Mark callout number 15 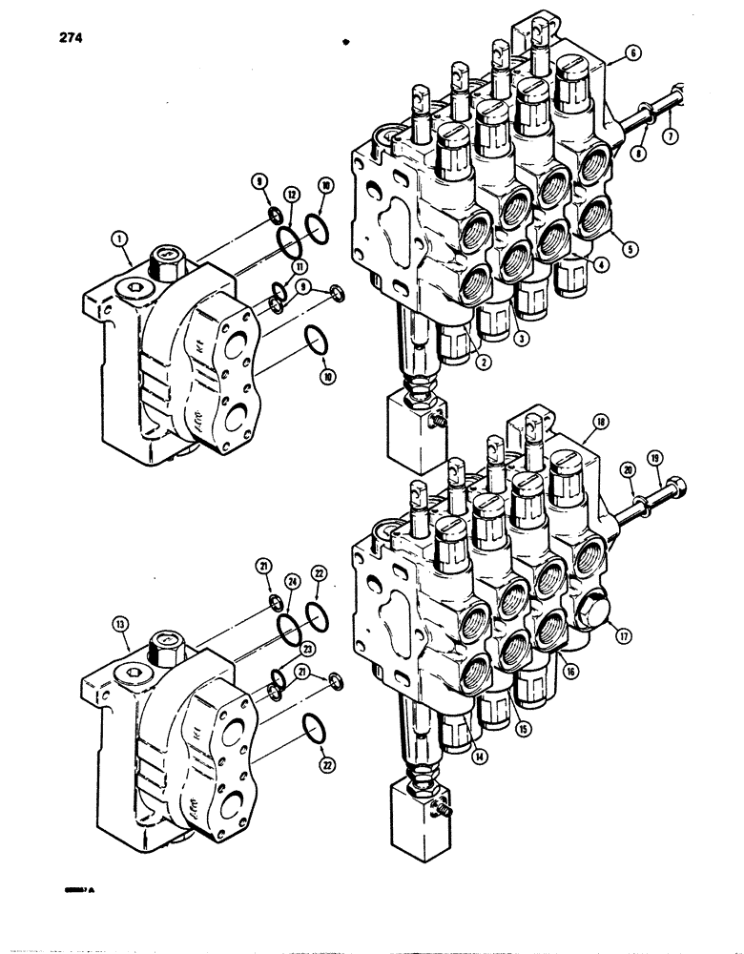click(x=523, y=729)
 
